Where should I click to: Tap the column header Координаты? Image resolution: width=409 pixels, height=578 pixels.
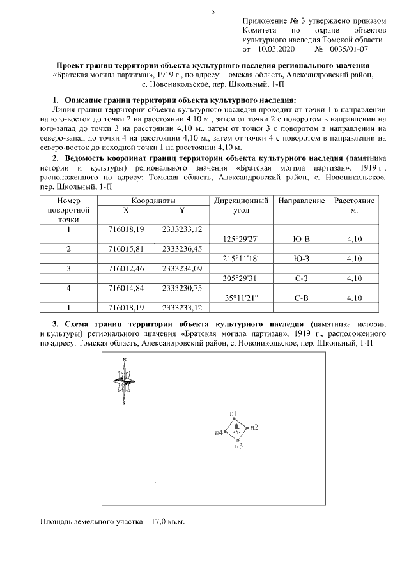pyautogui.click(x=153, y=201)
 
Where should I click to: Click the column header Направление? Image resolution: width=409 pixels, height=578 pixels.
pyautogui.click(x=301, y=201)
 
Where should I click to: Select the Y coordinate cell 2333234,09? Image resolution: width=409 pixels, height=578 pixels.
pyautogui.click(x=182, y=268)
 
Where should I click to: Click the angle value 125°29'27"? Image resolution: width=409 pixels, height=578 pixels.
pyautogui.click(x=242, y=238)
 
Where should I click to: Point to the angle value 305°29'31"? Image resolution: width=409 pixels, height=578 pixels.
pyautogui.click(x=242, y=278)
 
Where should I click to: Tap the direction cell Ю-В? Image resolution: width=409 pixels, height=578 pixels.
pyautogui.click(x=301, y=238)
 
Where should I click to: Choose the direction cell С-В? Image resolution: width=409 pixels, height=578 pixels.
pyautogui.click(x=301, y=298)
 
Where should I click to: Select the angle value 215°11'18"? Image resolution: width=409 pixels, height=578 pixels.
pyautogui.click(x=242, y=258)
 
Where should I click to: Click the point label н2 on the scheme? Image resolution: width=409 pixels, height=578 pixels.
pyautogui.click(x=254, y=427)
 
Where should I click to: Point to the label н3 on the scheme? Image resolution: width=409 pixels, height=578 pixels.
pyautogui.click(x=238, y=446)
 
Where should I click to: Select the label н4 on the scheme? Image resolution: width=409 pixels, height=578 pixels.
pyautogui.click(x=219, y=433)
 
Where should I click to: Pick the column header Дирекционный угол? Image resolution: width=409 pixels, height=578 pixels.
pyautogui.click(x=242, y=205)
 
